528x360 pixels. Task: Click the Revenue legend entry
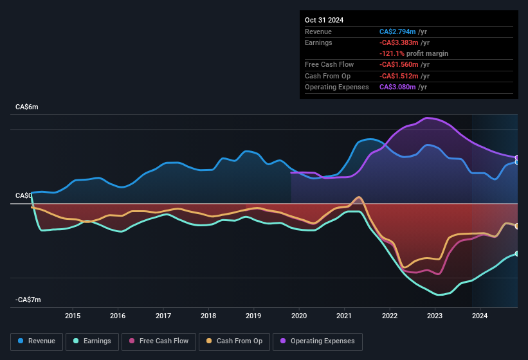(x=37, y=341)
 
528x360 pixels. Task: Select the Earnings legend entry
(x=92, y=341)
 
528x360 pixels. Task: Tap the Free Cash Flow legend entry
(x=159, y=341)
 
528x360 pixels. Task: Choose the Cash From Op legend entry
(x=233, y=341)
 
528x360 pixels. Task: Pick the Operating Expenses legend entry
(x=318, y=341)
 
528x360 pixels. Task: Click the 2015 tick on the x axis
(x=73, y=316)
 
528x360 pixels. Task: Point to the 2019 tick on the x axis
(x=253, y=316)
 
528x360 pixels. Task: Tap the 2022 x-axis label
(x=389, y=316)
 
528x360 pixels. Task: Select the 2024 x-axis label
(x=480, y=316)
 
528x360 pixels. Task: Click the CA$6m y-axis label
(x=27, y=107)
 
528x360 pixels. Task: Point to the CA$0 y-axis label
(x=23, y=195)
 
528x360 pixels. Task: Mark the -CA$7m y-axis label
(x=28, y=300)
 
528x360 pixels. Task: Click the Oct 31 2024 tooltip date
(x=324, y=20)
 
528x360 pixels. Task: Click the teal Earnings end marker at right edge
(x=516, y=254)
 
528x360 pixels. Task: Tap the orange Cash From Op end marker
(x=516, y=226)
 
